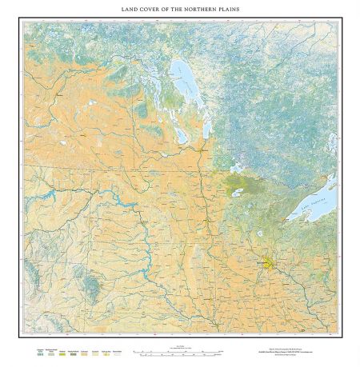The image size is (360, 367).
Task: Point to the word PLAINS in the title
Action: tap(228, 10)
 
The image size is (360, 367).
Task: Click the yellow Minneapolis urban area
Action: tap(267, 262)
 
